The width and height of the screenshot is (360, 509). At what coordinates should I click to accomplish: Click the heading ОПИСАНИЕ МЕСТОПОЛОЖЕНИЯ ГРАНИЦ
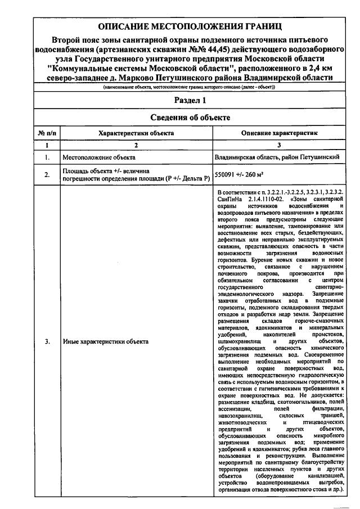[190, 26]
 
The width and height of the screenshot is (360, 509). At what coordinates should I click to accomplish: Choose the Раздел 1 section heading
[190, 101]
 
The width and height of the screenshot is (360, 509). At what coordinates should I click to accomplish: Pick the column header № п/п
[47, 133]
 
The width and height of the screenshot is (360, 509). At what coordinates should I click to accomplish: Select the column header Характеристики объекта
[136, 133]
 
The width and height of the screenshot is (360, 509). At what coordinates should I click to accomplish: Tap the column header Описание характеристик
[280, 133]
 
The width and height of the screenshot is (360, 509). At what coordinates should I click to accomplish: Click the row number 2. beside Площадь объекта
[47, 175]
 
